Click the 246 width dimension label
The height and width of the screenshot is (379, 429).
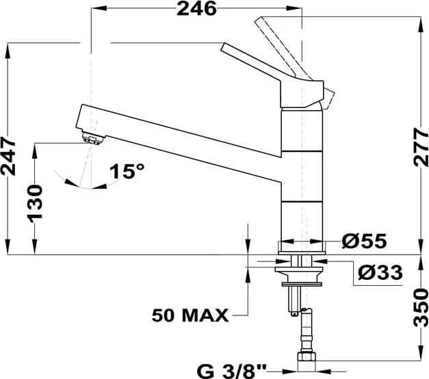click(x=196, y=9)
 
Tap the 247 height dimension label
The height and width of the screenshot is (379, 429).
click(x=8, y=157)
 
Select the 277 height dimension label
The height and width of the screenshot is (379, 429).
click(x=421, y=147)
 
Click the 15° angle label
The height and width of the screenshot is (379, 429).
click(x=127, y=171)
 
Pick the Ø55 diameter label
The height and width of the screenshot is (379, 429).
click(x=364, y=241)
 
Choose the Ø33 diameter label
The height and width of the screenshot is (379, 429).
click(x=380, y=272)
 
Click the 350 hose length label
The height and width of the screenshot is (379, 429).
click(x=421, y=308)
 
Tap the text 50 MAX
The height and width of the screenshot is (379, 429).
click(x=190, y=315)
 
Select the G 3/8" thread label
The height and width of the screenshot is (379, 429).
click(x=231, y=371)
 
